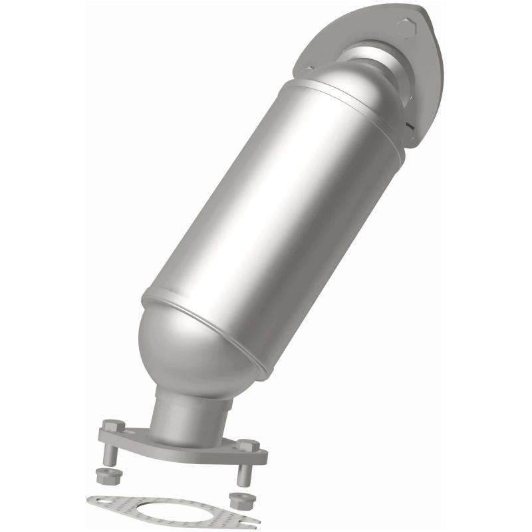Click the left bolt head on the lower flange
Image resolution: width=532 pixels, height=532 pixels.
click(114, 426)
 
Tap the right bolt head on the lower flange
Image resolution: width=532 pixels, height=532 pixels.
click(247, 446)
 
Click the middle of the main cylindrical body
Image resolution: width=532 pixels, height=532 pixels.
click(279, 213)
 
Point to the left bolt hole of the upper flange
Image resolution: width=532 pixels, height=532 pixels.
click(308, 68)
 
